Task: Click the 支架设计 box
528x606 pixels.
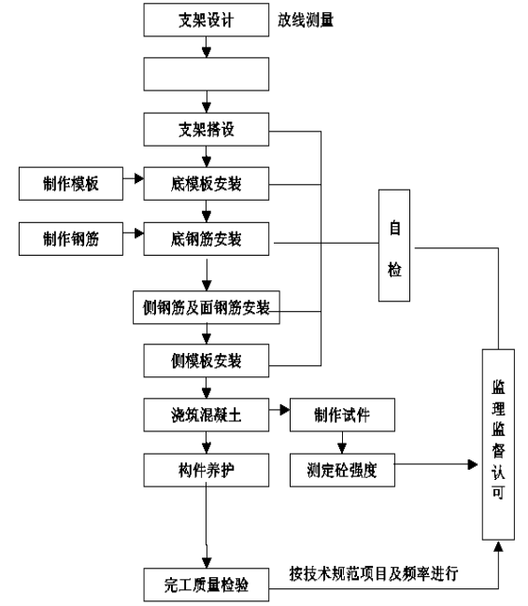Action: (207, 21)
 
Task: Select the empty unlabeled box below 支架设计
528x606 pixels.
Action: (207, 74)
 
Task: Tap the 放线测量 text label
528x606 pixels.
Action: (306, 20)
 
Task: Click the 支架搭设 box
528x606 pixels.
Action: (207, 130)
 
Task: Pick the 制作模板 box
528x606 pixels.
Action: (71, 184)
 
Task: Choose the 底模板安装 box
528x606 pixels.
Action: (207, 184)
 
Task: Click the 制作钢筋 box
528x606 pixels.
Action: (71, 239)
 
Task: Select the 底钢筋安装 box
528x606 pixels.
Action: (207, 239)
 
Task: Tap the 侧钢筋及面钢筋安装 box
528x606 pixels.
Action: (207, 307)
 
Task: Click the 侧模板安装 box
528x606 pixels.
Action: (207, 360)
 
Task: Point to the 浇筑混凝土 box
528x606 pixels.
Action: (207, 416)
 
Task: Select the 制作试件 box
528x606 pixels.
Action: (342, 415)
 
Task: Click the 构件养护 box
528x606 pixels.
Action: (207, 470)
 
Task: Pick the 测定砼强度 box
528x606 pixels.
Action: (342, 470)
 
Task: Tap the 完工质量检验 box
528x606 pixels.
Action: (207, 585)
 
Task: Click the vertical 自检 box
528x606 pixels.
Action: (394, 246)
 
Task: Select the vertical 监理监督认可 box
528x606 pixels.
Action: (498, 444)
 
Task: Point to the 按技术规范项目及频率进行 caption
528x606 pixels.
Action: (374, 573)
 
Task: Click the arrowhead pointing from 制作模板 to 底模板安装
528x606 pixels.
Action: (139, 178)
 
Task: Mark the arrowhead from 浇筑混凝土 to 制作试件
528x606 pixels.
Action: (285, 410)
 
